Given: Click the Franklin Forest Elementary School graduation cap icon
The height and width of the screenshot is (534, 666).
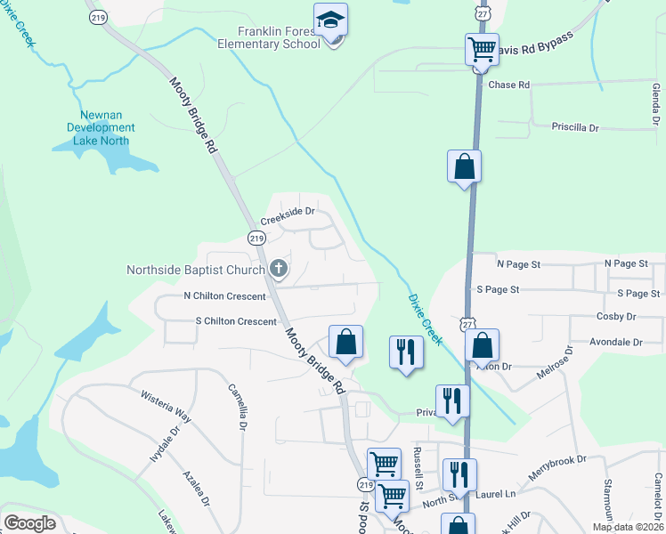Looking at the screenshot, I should click(331, 20).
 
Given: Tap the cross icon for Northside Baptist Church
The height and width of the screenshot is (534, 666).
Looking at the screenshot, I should click(278, 268).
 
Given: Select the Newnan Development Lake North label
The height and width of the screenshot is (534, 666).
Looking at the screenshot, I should click(102, 127).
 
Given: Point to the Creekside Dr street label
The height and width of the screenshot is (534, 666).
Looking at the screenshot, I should click(288, 211).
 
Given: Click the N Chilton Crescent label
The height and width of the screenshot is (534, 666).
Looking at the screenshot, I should click(224, 296).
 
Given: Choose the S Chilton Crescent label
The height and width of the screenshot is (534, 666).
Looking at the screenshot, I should click(235, 321).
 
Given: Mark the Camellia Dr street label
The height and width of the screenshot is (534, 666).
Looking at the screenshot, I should click(237, 406).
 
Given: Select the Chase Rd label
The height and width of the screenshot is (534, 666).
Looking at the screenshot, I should click(509, 85).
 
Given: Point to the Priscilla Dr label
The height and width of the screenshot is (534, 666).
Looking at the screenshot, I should click(575, 127).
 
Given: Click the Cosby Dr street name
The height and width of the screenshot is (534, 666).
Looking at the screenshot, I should click(618, 316).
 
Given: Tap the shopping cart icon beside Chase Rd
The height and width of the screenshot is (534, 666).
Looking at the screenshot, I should click(482, 49).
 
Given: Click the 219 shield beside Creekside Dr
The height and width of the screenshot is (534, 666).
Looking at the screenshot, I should click(256, 238).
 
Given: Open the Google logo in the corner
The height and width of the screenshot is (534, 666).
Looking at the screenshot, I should click(29, 523).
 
